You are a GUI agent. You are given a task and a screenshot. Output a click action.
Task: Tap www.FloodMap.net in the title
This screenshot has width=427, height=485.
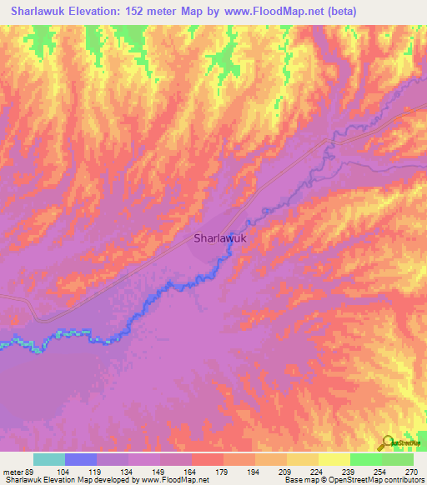point(271,12)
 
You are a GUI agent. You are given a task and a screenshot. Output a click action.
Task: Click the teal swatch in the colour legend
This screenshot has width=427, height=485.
point(48,460)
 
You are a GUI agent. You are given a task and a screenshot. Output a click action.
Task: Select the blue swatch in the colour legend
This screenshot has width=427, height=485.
point(80,460)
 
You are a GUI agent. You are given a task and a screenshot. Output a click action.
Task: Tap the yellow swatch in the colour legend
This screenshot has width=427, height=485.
point(334,460)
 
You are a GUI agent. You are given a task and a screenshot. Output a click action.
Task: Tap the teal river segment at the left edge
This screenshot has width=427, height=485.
point(17,342)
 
